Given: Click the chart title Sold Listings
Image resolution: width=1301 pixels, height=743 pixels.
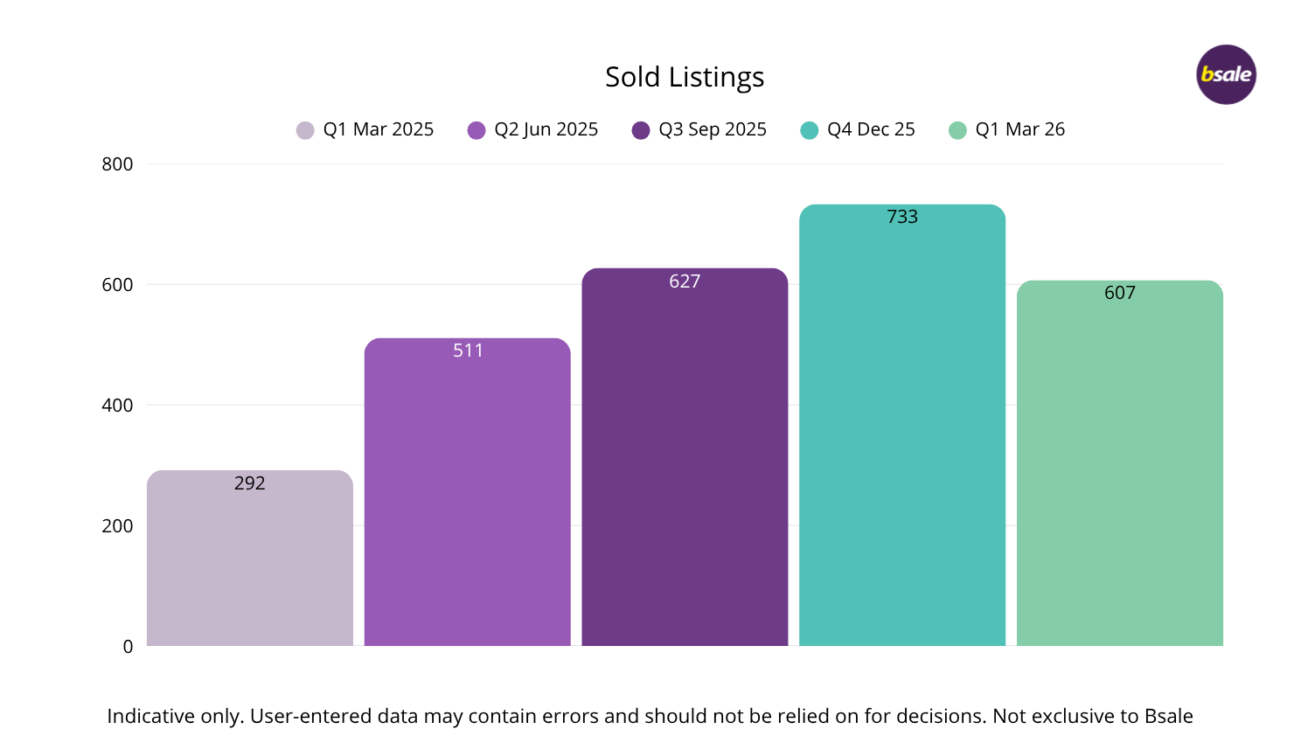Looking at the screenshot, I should click(685, 77).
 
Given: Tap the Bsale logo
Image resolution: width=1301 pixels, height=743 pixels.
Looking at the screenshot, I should click(1226, 74).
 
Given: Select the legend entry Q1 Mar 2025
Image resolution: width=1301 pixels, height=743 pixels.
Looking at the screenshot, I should click(365, 129).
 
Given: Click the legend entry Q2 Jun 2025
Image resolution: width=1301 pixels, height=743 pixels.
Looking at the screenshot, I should click(533, 129).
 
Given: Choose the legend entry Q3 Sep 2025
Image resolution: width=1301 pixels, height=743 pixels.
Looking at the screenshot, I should click(699, 129).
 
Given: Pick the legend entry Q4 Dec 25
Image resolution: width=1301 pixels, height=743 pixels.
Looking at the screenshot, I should click(858, 129).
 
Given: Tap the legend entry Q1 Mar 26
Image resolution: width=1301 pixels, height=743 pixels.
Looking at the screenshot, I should click(1007, 129).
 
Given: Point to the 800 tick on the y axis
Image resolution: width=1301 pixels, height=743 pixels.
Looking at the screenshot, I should click(117, 164).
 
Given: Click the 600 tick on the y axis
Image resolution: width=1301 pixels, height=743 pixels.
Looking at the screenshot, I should click(117, 285).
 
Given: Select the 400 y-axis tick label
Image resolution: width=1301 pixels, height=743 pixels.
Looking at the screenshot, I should click(117, 406).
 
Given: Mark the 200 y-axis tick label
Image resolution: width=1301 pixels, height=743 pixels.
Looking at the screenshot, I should click(117, 526).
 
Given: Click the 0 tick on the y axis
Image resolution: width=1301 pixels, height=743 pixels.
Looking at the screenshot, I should click(128, 647).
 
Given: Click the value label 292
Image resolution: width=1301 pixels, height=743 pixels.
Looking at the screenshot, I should click(249, 483).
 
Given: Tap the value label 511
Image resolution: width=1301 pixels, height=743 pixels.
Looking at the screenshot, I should click(468, 351).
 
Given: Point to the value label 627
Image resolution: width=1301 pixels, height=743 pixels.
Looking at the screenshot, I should click(685, 281).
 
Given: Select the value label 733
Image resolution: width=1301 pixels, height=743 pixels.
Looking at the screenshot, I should click(902, 217).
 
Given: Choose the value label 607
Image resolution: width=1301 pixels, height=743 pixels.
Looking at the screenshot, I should click(1119, 293).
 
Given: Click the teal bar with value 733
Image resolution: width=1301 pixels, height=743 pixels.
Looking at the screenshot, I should click(902, 437).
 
